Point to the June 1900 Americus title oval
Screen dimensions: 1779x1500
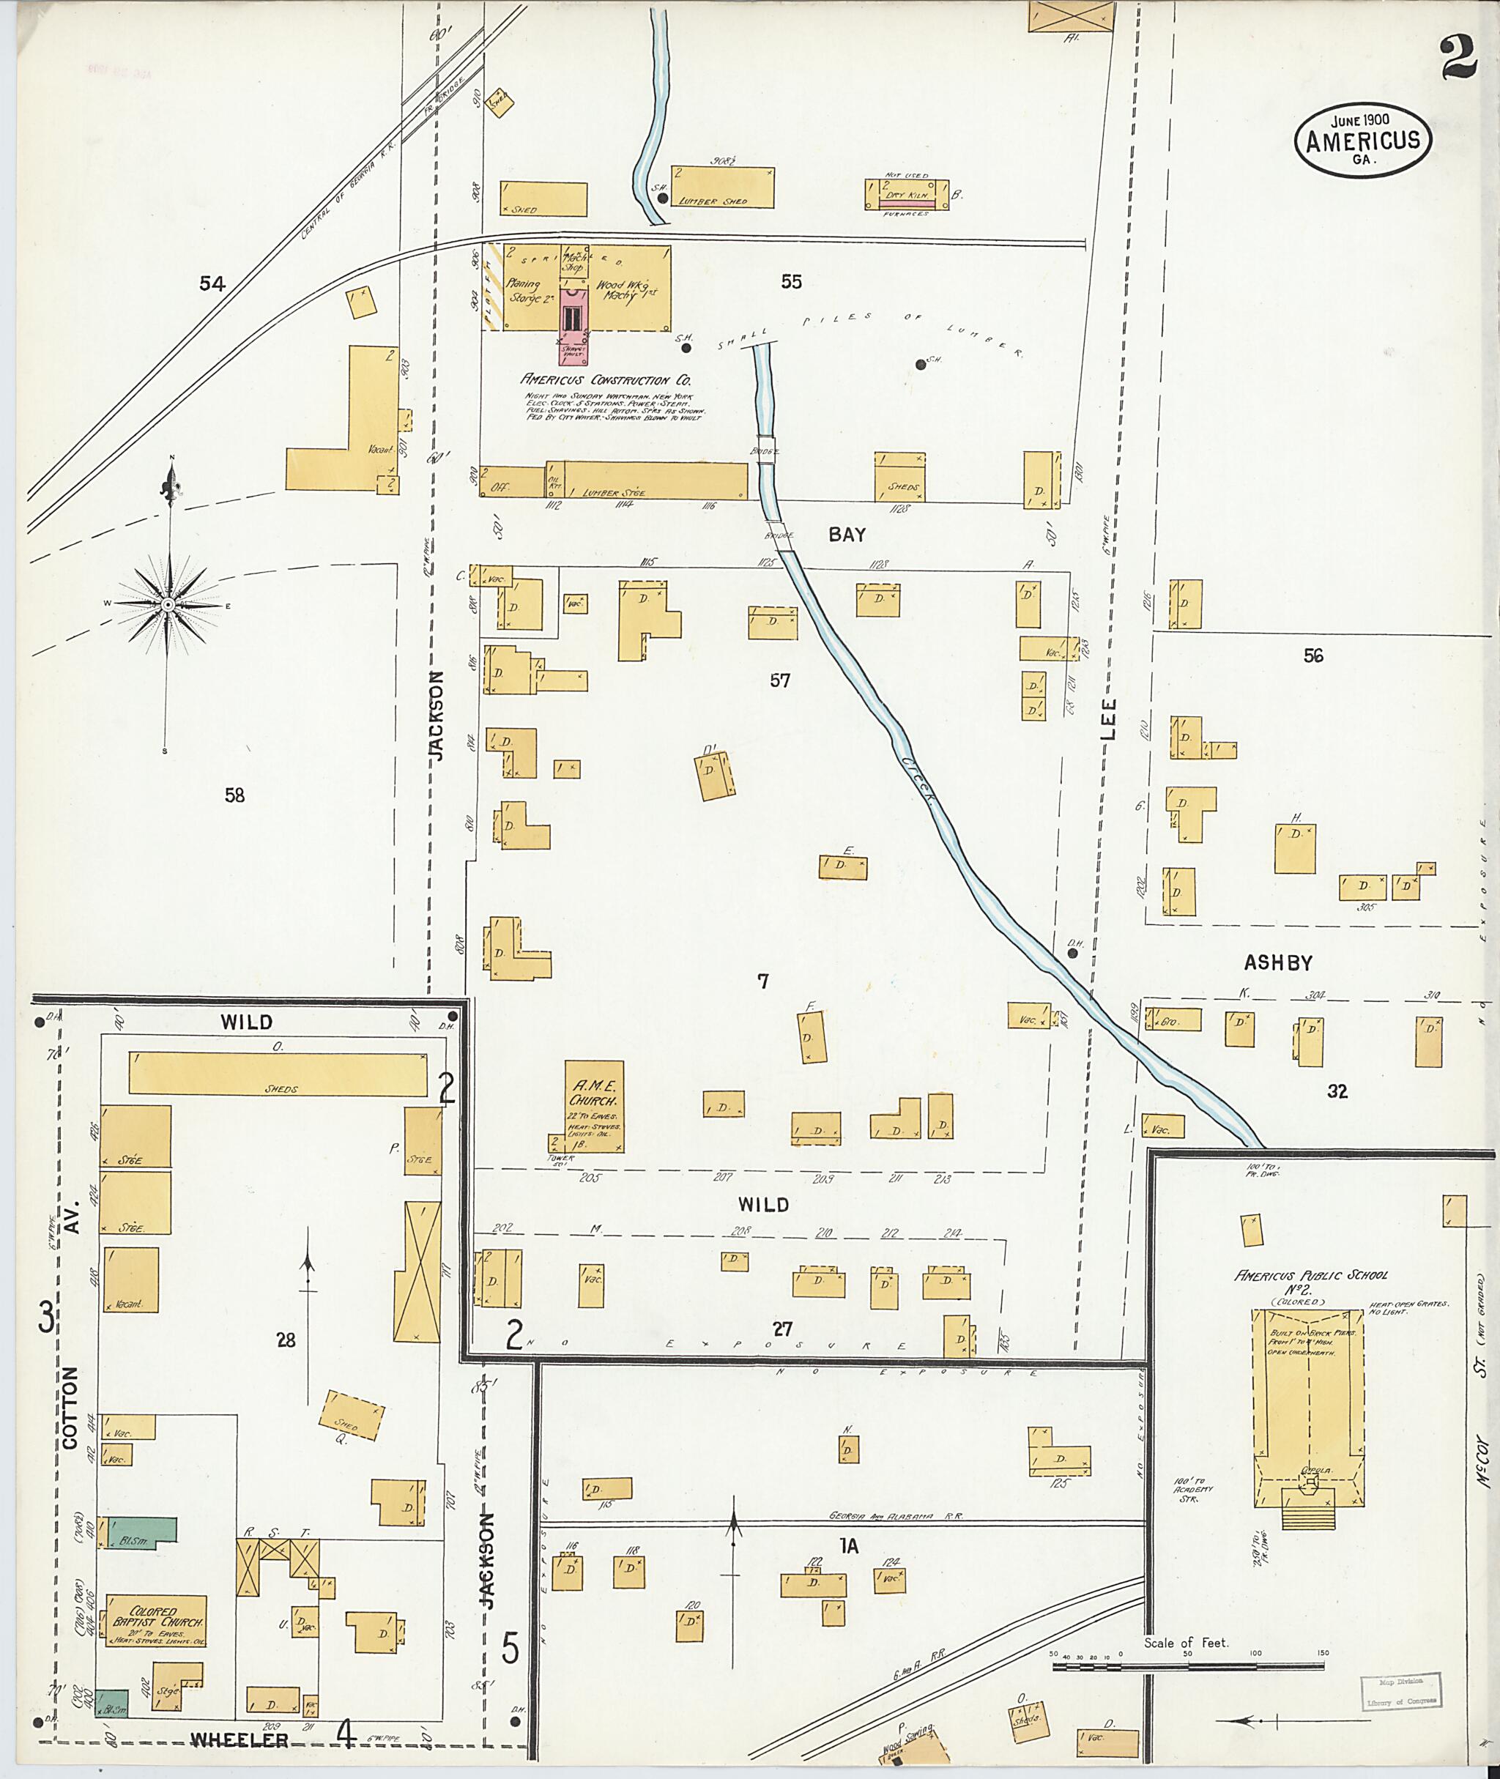(x=1362, y=141)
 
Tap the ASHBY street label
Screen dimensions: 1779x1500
(x=1278, y=962)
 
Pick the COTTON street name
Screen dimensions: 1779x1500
(x=70, y=1408)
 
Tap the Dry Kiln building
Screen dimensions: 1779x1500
(x=907, y=195)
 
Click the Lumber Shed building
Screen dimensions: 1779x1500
(x=723, y=186)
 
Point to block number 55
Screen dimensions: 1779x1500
(x=791, y=281)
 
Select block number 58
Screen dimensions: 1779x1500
(x=234, y=795)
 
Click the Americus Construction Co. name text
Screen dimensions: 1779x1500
(x=606, y=380)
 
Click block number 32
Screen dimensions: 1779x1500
(x=1337, y=1091)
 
